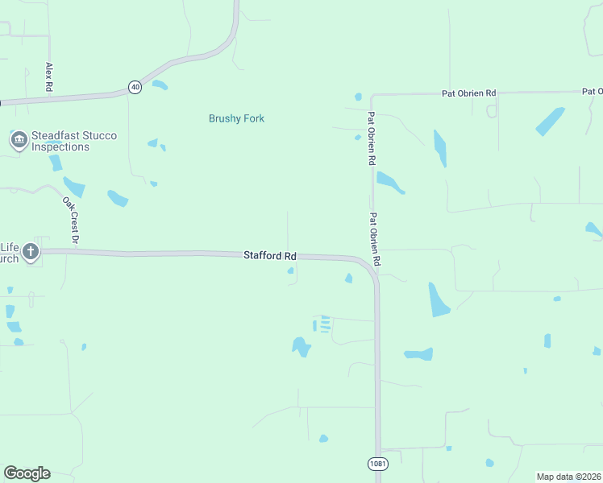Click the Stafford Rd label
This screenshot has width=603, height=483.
pos(270,255)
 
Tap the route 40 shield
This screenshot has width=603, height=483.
pos(135,87)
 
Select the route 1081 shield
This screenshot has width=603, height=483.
pos(376,464)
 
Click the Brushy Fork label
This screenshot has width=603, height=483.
pos(236,118)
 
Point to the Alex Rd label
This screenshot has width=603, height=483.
pos(49,76)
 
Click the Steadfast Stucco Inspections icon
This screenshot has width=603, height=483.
pos(18,141)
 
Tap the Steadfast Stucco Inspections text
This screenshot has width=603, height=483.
pos(74,141)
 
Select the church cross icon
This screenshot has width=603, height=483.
pos(31,252)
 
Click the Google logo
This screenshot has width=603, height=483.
pos(27,473)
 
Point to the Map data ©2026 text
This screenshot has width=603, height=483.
pos(568,477)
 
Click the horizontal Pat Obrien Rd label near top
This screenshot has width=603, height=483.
pos(468,93)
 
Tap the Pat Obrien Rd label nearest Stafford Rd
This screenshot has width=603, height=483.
pos(375,239)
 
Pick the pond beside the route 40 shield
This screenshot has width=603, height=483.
pos(160,85)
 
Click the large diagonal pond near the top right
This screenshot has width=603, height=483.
pos(550,121)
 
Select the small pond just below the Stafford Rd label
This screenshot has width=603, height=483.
pos(291,270)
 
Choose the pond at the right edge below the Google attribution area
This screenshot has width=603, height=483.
pos(597,351)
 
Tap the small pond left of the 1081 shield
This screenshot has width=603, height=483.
pos(323,439)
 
